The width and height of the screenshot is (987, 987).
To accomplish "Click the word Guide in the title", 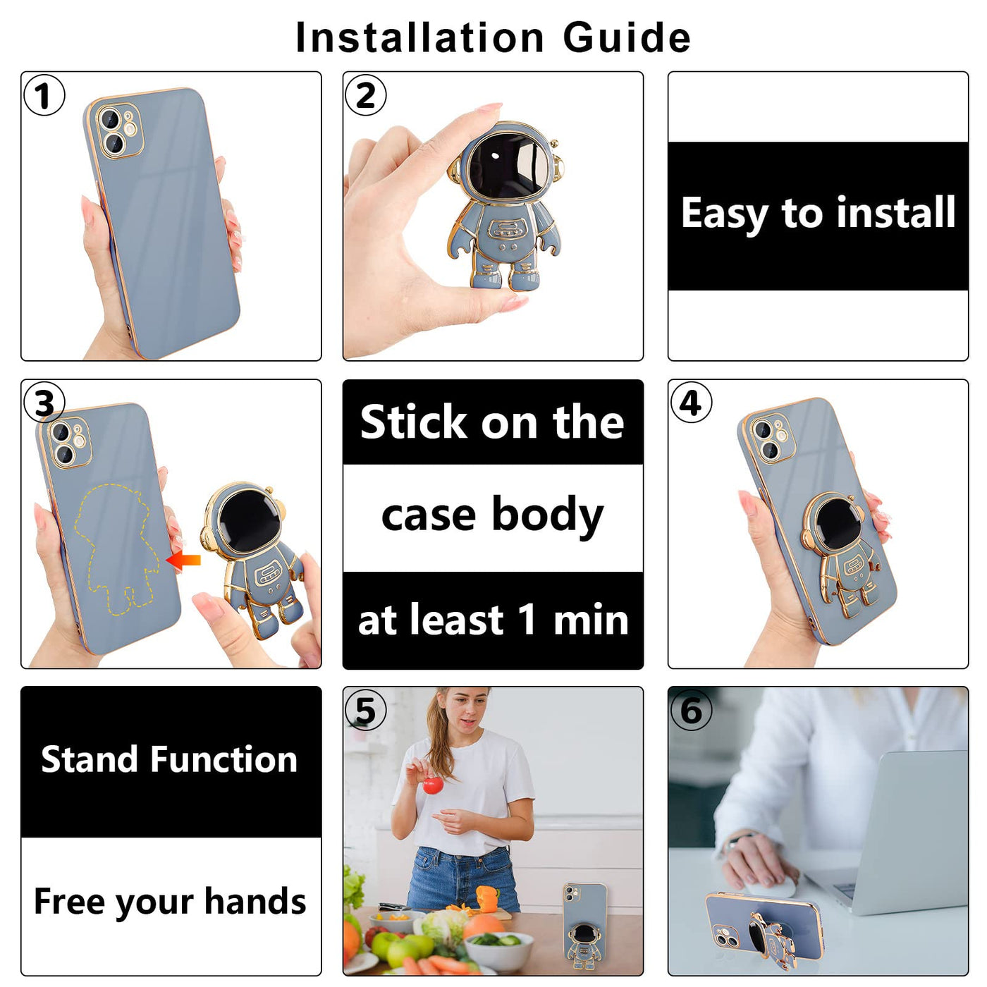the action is (627, 37).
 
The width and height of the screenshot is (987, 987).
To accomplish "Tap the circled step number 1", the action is (44, 95).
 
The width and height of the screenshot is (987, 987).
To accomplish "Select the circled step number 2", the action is (365, 95).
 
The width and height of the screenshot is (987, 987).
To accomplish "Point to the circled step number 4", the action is (691, 403).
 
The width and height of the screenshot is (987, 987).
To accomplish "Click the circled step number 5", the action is (365, 710).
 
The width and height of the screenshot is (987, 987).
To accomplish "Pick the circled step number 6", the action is (691, 710).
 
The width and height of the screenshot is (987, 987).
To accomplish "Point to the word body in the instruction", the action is (548, 516).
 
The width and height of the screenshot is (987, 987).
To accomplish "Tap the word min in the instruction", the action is (591, 620).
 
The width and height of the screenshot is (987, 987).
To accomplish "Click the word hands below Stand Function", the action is (255, 901).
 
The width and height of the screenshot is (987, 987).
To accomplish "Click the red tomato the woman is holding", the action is (431, 785).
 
